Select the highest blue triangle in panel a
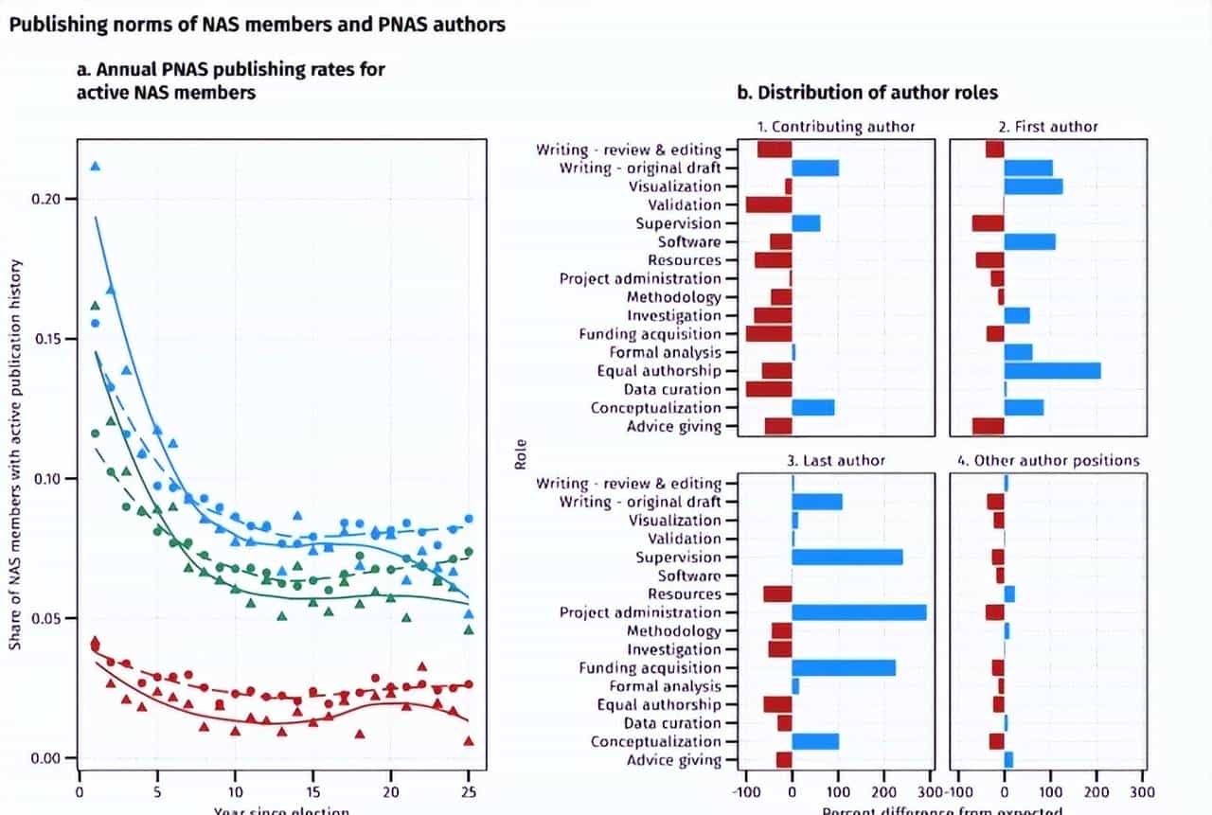coord(95,167)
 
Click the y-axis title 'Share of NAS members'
coord(16,455)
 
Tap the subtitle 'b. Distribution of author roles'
coord(867,93)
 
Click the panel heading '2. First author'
coord(1048,126)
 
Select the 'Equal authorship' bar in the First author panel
coord(1052,371)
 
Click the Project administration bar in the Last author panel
coord(859,612)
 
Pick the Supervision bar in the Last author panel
coord(847,558)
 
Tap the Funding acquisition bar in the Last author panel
coord(844,668)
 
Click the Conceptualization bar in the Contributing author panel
coord(813,408)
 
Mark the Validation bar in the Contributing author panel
coord(768,204)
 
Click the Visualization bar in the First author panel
coord(1033,186)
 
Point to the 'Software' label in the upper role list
coord(689,242)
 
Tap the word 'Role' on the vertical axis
coord(521,455)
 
